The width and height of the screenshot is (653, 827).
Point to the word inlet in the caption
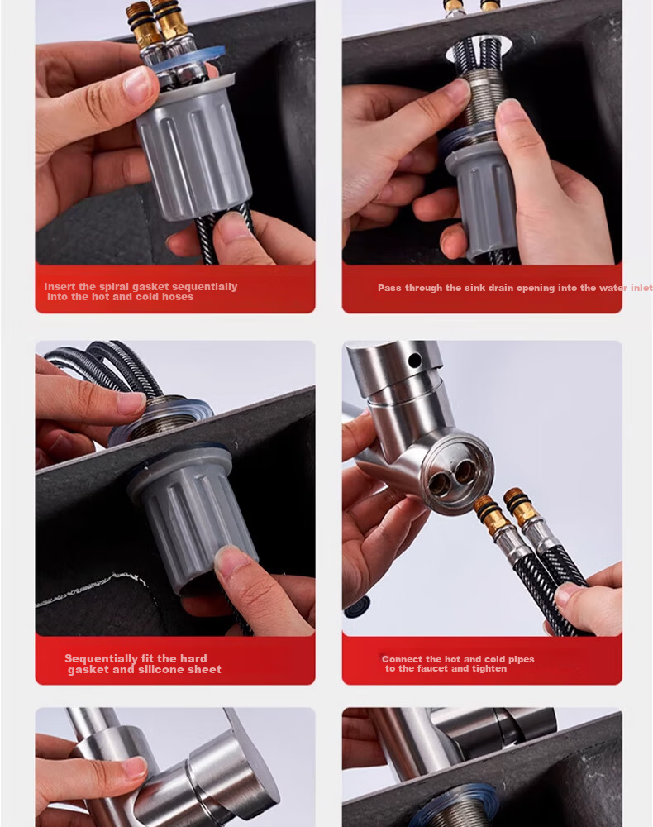(641, 288)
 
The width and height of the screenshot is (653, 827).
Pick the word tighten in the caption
(489, 669)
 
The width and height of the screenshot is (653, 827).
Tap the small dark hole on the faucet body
(415, 361)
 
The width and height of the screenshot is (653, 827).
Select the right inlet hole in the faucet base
(465, 471)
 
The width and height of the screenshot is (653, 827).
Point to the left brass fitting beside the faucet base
(487, 512)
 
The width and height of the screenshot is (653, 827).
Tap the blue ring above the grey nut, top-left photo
(188, 59)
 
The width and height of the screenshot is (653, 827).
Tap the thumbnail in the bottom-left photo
(135, 767)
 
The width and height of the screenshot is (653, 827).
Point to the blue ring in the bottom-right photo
(453, 801)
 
